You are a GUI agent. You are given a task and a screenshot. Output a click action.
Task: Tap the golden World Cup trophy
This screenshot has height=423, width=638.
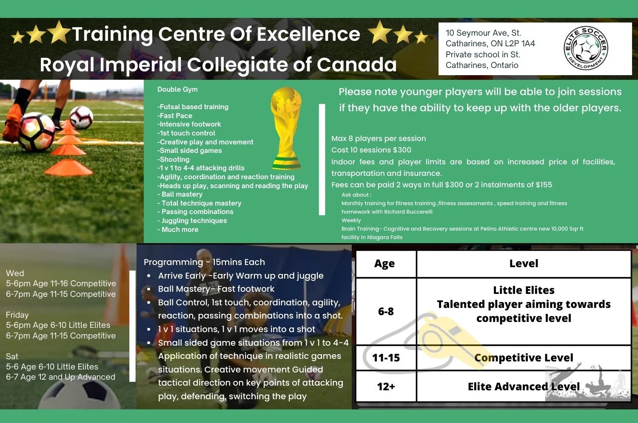[x=286, y=128]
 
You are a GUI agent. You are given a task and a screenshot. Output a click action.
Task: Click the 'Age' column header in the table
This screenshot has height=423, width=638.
[x=385, y=264]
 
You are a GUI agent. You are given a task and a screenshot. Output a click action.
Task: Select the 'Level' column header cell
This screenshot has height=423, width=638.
[x=524, y=264]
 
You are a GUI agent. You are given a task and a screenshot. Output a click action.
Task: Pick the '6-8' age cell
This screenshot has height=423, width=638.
[x=386, y=312]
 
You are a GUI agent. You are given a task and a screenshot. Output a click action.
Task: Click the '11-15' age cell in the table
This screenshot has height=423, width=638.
[x=386, y=358]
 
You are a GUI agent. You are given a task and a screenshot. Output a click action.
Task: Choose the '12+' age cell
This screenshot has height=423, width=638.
[x=386, y=387]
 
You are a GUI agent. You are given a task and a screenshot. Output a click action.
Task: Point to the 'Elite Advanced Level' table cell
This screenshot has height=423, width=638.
[x=524, y=387]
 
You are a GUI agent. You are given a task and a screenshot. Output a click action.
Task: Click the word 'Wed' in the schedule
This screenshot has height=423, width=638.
[x=15, y=274]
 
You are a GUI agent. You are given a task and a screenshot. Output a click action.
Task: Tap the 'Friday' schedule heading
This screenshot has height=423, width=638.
[x=17, y=315]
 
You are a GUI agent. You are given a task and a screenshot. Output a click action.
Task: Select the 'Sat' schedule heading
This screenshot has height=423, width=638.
[x=12, y=357]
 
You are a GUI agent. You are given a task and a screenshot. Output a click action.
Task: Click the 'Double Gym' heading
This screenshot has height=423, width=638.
[x=177, y=90]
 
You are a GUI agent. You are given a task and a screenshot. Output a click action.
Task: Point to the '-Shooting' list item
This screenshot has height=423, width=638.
[x=174, y=160]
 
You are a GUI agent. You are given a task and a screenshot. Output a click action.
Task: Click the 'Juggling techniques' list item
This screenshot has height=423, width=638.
[x=194, y=221]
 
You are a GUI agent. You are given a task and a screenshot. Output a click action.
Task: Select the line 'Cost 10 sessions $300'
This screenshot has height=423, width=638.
[x=371, y=150]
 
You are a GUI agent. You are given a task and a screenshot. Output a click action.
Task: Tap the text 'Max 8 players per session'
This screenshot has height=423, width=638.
[x=379, y=138]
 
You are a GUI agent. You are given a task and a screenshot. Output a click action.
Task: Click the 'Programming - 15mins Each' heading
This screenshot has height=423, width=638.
[x=204, y=262]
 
